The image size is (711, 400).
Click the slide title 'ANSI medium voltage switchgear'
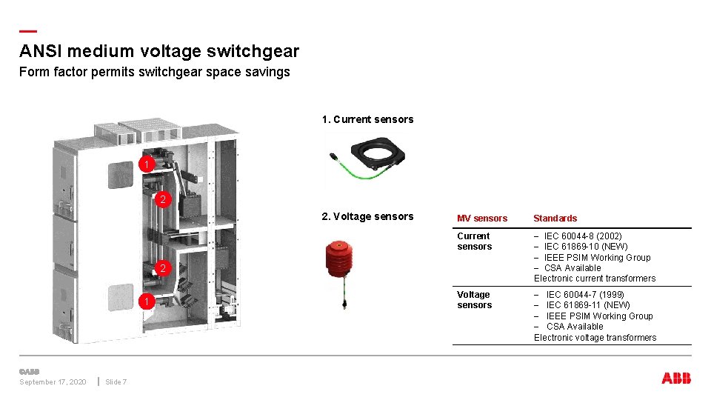pyautogui.click(x=159, y=51)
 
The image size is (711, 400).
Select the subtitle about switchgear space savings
pyautogui.click(x=154, y=72)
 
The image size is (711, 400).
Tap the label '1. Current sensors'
pyautogui.click(x=367, y=119)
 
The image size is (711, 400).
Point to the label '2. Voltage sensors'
pyautogui.click(x=367, y=216)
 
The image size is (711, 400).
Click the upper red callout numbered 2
pyautogui.click(x=162, y=199)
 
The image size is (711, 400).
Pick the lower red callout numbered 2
pyautogui.click(x=162, y=269)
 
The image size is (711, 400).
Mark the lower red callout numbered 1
pyautogui.click(x=147, y=301)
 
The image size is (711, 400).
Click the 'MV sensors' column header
pyautogui.click(x=482, y=219)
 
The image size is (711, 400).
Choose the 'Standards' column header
pyautogui.click(x=555, y=219)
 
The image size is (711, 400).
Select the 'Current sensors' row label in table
pyautogui.click(x=474, y=241)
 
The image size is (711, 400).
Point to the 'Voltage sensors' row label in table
pyautogui.click(x=474, y=300)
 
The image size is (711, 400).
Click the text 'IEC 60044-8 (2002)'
pyautogui.click(x=583, y=236)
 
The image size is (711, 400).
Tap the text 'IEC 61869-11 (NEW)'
pyautogui.click(x=588, y=305)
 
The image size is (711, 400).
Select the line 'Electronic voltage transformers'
pyautogui.click(x=595, y=338)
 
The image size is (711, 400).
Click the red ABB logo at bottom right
pyautogui.click(x=676, y=379)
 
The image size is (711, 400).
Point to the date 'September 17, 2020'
pyautogui.click(x=53, y=382)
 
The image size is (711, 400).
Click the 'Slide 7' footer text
pyautogui.click(x=116, y=382)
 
